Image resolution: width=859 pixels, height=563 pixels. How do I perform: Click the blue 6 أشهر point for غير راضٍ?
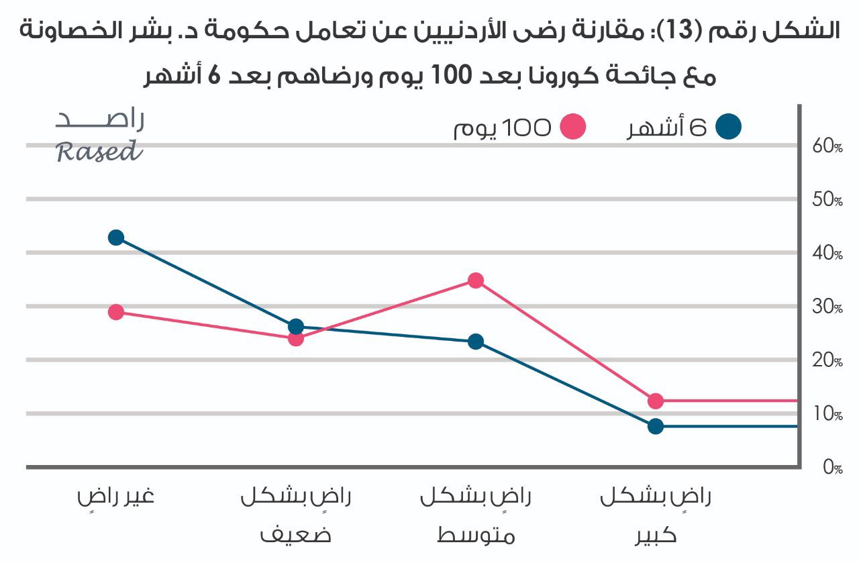(116, 238)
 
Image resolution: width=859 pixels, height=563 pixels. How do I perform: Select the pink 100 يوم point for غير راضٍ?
(116, 312)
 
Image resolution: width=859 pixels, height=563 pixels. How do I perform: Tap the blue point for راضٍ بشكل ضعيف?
(296, 327)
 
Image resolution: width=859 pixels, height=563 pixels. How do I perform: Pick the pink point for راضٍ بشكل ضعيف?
(296, 339)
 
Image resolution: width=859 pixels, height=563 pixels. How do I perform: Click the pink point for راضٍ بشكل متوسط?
(476, 280)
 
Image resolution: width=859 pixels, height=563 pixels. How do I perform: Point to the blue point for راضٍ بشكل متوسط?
(476, 342)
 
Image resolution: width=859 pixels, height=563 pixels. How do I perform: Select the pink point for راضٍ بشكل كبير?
(656, 401)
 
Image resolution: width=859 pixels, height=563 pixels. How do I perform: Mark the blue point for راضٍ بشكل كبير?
(656, 426)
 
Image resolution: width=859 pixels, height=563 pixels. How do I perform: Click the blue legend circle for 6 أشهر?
(728, 127)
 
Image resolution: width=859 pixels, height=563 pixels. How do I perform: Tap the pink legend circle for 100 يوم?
(572, 127)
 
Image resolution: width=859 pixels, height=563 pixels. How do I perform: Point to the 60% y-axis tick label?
(827, 146)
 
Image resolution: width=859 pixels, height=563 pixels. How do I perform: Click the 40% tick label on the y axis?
(827, 254)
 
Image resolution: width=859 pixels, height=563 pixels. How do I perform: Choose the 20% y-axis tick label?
(827, 361)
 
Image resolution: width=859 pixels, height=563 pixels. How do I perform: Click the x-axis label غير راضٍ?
(115, 498)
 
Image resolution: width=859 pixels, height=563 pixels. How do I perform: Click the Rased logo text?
(99, 152)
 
